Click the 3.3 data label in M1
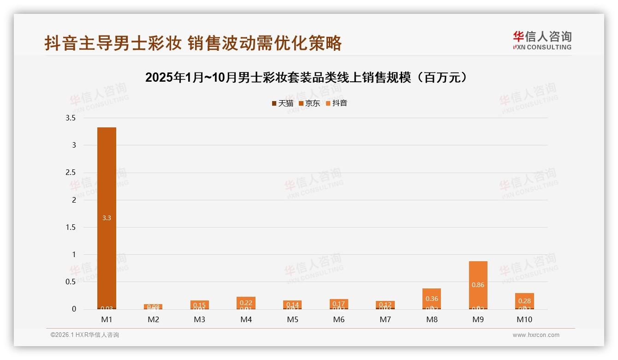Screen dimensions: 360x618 pos(107,218)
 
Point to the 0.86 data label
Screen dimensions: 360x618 pos(478,285)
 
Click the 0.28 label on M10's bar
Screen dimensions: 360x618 pos(524,301)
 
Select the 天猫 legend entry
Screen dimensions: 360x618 pos(282,103)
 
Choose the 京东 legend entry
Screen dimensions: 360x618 pos(309,103)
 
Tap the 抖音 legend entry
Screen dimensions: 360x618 pos(337,103)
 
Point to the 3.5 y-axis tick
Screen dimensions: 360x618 pos(71,118)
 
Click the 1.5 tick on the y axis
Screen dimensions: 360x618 pos(71,227)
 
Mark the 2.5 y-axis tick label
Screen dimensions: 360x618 pos(71,173)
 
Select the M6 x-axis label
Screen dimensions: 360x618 pos(339,319)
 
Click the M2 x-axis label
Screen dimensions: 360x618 pos(153,319)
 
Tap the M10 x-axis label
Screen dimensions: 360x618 pos(524,319)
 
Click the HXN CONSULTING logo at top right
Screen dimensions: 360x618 pos(542,40)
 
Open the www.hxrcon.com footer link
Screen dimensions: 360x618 pos(536,335)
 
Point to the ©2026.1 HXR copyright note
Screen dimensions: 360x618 pos(85,335)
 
